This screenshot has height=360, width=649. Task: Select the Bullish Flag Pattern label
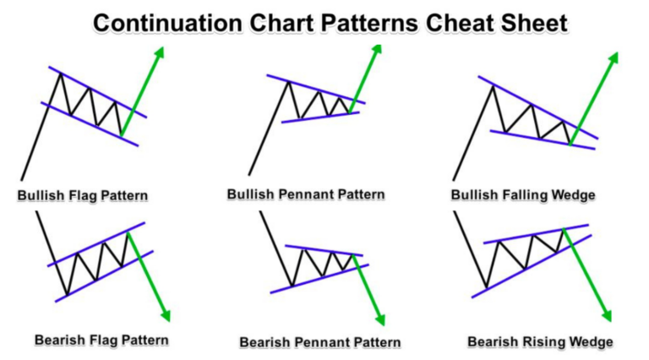pyautogui.click(x=83, y=196)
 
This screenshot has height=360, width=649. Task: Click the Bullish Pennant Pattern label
pyautogui.click(x=306, y=194)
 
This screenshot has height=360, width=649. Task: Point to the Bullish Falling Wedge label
pyautogui.click(x=524, y=195)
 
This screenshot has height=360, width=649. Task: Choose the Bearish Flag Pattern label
pyautogui.click(x=101, y=340)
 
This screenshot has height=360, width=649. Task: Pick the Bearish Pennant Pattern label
pyautogui.click(x=319, y=342)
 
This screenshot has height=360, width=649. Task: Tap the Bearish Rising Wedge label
pyautogui.click(x=540, y=341)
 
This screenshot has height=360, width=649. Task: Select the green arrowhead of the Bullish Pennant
pyautogui.click(x=376, y=45)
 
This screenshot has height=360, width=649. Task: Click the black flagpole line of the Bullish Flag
pyautogui.click(x=37, y=127)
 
